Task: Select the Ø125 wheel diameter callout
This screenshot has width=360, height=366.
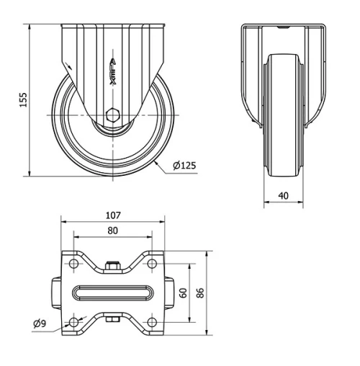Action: click(x=184, y=166)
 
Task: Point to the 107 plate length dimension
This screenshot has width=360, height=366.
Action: click(x=112, y=215)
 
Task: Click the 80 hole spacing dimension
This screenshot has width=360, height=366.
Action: click(x=112, y=231)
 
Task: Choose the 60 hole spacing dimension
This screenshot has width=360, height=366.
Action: click(x=184, y=293)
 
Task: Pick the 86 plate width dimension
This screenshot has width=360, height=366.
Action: click(x=201, y=293)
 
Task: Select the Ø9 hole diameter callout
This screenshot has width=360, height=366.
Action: click(x=40, y=323)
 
